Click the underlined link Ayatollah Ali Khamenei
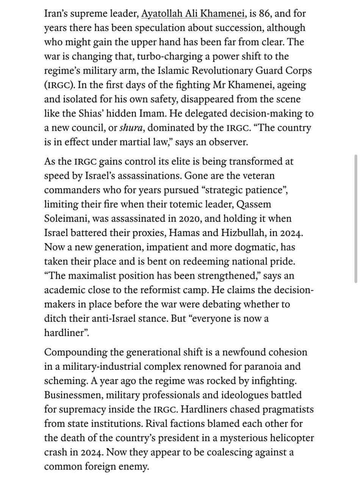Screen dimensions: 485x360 [x=193, y=14]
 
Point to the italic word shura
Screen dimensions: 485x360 [x=131, y=128]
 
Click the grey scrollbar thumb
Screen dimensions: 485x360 [x=355, y=219]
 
